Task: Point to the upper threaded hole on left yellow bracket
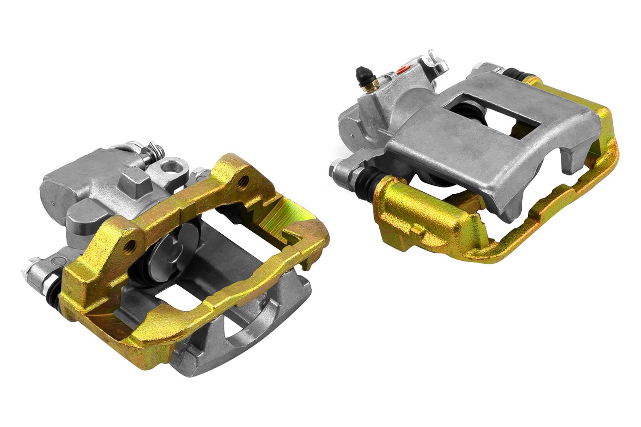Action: (x=244, y=180)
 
